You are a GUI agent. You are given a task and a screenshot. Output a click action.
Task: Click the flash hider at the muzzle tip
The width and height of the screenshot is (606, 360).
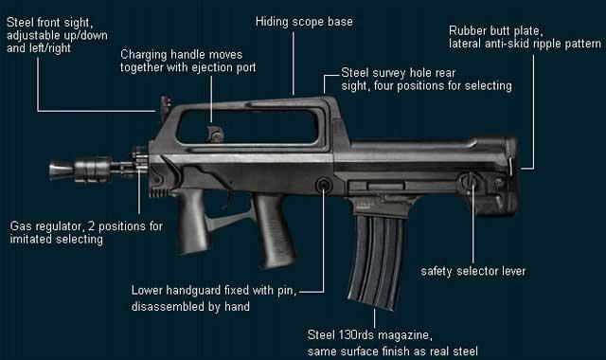(x=62, y=170)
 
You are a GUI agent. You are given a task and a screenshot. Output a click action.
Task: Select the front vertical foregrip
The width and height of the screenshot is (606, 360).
(x=192, y=221)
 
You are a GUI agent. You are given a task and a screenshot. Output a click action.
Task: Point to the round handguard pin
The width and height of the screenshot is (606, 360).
(x=324, y=186)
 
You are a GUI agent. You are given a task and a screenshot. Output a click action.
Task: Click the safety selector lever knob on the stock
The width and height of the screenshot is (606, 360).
(x=469, y=181)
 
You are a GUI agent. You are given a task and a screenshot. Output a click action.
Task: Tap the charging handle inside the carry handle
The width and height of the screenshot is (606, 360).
(x=214, y=134)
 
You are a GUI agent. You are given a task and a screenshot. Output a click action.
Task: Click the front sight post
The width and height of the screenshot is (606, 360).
(x=166, y=108)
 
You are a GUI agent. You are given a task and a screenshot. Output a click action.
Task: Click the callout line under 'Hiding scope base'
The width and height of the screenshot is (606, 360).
(x=294, y=63)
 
